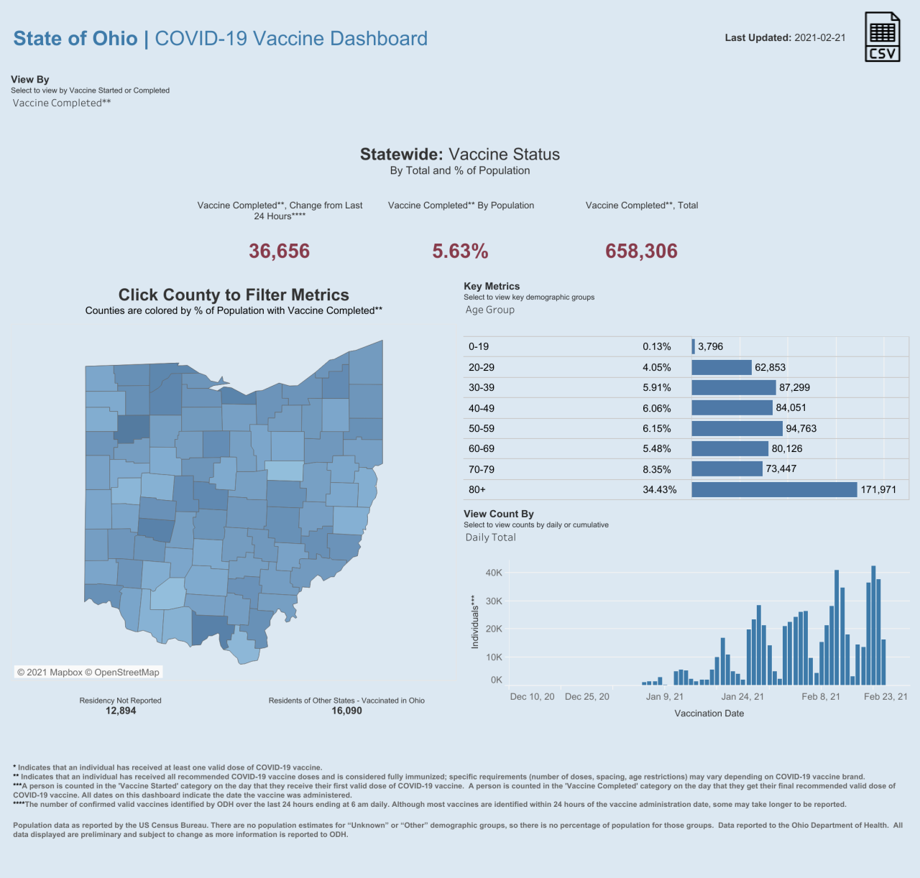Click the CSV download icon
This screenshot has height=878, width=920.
coord(882,37)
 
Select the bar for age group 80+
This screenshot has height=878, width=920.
coord(774,490)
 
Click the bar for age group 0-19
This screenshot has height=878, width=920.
coord(694,347)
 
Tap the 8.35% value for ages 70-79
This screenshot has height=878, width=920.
coord(657,470)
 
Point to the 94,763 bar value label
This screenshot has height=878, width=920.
coord(801,429)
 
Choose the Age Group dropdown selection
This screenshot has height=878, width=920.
coord(490,310)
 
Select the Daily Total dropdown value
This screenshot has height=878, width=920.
coord(490,537)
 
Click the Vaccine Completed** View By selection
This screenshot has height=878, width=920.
coord(62,103)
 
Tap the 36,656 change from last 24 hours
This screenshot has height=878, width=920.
coord(279,251)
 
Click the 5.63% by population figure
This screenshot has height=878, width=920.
coord(460,251)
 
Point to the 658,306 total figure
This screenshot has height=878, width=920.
coord(641,251)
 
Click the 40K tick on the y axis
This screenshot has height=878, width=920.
coord(494,573)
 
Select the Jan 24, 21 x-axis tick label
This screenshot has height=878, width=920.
coord(742,697)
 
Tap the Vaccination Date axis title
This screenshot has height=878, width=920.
coord(709,714)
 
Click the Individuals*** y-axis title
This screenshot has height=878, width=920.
coord(475,622)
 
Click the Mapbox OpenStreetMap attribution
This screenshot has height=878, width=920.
coord(88,673)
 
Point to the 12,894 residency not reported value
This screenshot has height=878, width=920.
coord(121,711)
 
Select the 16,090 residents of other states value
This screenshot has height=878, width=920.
coord(346,711)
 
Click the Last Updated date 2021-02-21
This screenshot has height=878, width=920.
coord(819,38)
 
